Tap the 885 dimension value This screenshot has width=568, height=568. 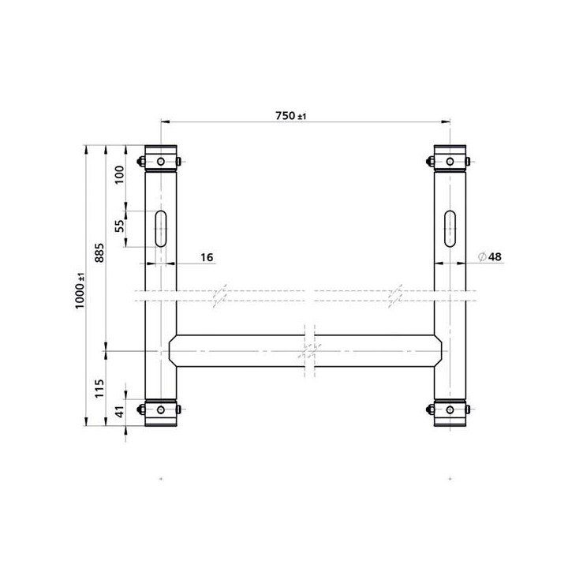point(99,248)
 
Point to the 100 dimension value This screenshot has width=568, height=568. point(119,174)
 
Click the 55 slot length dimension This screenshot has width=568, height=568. point(119,225)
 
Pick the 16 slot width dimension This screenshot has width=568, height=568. point(207,257)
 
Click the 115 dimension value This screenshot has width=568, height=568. point(99,388)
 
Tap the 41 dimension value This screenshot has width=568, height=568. point(119,411)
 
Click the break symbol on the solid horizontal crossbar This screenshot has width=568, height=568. point(309,350)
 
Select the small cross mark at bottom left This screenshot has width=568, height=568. point(160,479)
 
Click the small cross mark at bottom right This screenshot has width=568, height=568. point(450,479)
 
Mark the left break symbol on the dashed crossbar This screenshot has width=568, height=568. point(222,293)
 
